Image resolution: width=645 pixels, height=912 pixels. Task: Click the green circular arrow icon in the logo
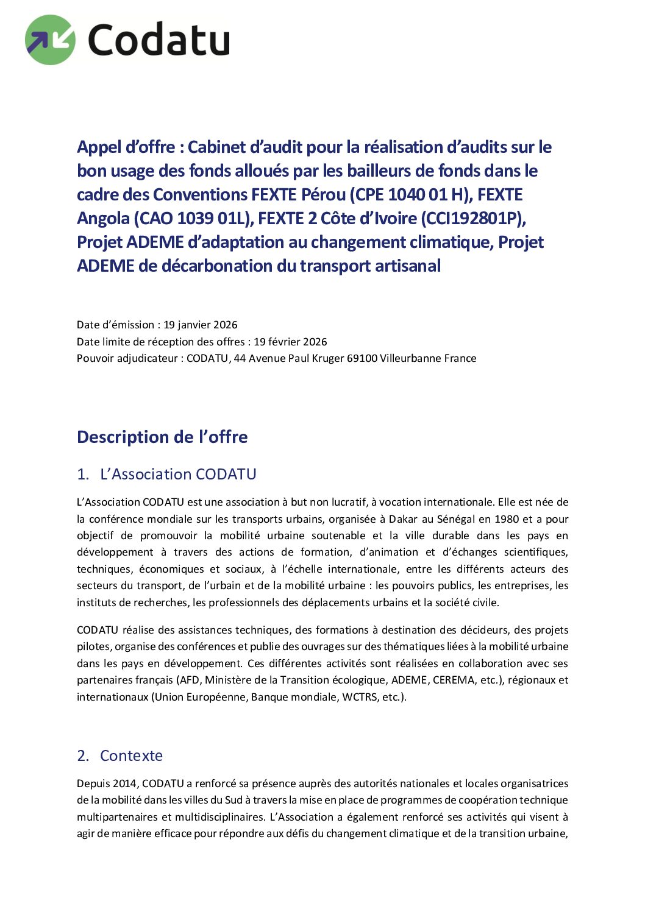click(x=50, y=40)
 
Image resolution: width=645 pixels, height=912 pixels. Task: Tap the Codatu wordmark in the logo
click(x=159, y=40)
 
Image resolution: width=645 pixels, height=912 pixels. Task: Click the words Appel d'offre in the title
click(x=126, y=147)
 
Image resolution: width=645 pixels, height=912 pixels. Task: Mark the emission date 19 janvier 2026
click(x=201, y=325)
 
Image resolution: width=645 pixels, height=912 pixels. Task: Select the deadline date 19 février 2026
click(x=290, y=342)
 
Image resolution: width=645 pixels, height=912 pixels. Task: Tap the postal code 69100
click(x=362, y=358)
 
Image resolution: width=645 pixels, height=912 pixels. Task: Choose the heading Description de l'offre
click(x=162, y=437)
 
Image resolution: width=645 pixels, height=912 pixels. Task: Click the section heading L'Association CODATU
click(x=178, y=474)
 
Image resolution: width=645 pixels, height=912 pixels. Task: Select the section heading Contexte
click(x=131, y=755)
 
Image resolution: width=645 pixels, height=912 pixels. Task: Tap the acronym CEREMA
click(x=453, y=680)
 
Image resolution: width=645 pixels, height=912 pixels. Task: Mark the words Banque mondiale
click(x=294, y=697)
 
